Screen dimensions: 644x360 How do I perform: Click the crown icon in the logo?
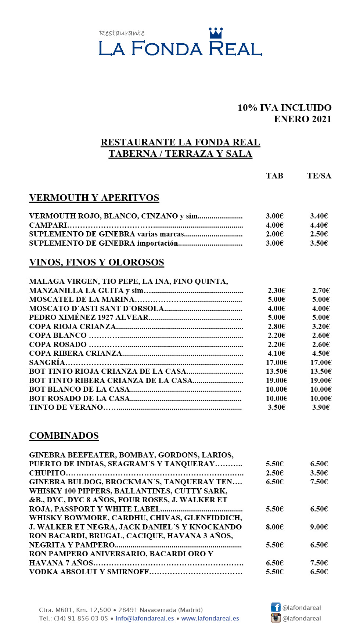(x=216, y=33)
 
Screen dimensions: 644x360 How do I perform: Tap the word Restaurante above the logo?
(x=122, y=33)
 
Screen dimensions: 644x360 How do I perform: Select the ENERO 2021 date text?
(x=302, y=119)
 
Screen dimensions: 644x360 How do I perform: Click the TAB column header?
(x=274, y=176)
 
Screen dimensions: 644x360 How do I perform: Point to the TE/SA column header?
(x=319, y=176)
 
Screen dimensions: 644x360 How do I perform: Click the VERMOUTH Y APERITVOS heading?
(x=94, y=198)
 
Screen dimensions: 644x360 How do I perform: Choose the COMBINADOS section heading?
(x=64, y=436)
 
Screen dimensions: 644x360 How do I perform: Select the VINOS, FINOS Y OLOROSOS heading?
(x=97, y=263)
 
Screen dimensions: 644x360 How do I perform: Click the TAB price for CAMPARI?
(x=274, y=225)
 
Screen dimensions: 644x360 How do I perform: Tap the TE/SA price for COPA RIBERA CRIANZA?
(x=321, y=353)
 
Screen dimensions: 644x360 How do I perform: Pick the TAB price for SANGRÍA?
(x=276, y=362)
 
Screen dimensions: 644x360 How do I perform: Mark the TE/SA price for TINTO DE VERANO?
(x=321, y=407)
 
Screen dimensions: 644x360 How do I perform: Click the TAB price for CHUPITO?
(x=274, y=473)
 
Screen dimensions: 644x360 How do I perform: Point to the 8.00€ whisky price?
(x=274, y=527)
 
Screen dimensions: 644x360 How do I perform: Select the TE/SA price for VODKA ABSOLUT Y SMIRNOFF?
(x=318, y=572)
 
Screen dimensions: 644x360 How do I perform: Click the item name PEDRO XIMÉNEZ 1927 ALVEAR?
(x=89, y=317)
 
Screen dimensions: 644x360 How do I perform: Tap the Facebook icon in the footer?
(x=276, y=607)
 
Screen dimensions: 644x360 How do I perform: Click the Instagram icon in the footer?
(x=276, y=618)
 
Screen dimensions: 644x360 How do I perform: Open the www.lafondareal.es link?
(x=210, y=618)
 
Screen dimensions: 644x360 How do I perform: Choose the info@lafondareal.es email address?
(x=145, y=618)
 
